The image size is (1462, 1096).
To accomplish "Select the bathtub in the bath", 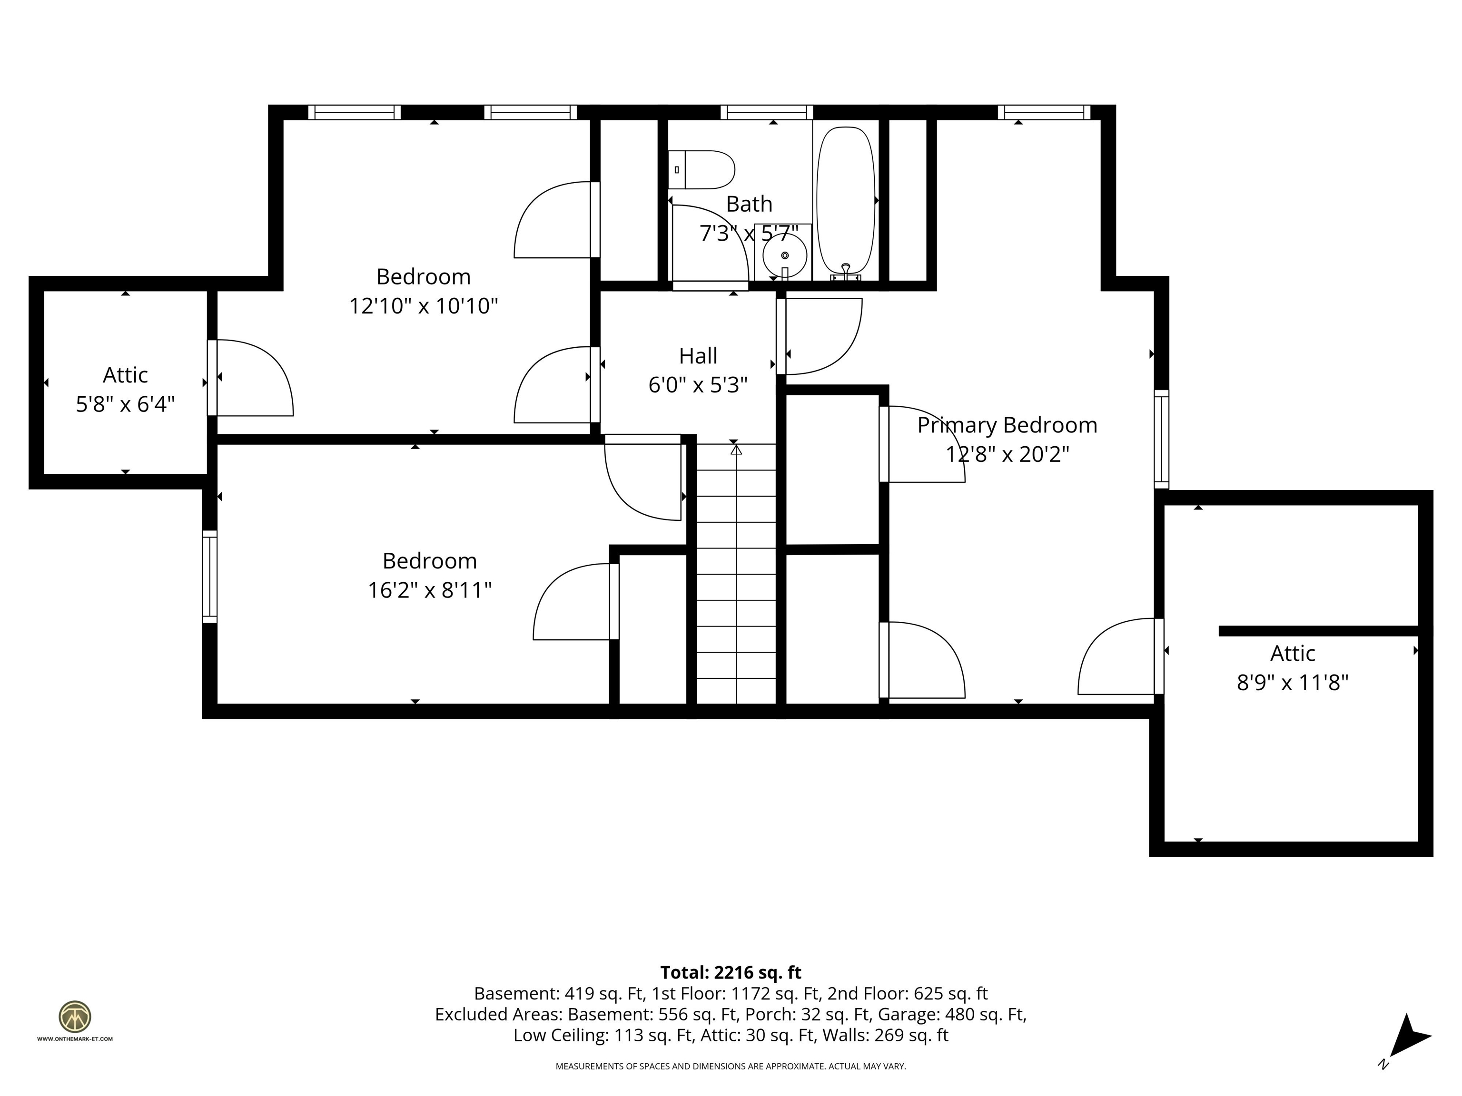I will tap(846, 200).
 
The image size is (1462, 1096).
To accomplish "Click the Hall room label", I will tap(698, 356).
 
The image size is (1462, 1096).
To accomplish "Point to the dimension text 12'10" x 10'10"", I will tap(423, 306).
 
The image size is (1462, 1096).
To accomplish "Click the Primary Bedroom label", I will tap(1007, 425).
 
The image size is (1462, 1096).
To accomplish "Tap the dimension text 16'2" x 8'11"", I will tap(430, 590).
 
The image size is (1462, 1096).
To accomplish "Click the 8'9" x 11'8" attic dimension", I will tap(1292, 683).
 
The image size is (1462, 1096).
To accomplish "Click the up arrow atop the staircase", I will tap(736, 450).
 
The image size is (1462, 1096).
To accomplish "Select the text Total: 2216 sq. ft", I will tap(731, 972).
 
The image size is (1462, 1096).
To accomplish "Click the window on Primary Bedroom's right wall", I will tap(1161, 440).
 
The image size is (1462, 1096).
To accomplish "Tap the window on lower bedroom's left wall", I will tap(209, 576).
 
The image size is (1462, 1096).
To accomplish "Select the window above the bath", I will tap(767, 112).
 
